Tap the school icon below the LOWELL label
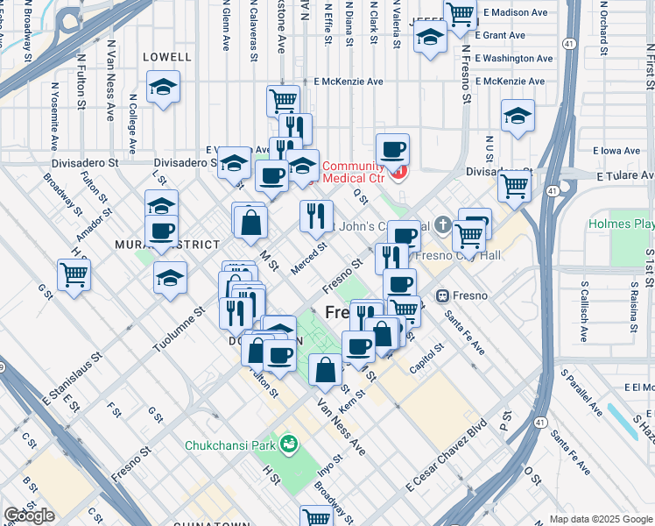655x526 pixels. [163, 88]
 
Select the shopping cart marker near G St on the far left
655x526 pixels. [74, 274]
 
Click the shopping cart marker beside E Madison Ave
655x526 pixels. [460, 14]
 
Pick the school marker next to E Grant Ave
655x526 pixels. [430, 39]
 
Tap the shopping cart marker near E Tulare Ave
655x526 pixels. [514, 185]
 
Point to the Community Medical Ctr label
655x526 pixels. [354, 174]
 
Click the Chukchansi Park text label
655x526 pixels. [230, 445]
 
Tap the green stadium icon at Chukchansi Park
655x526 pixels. [289, 445]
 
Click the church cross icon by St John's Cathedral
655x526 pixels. [443, 224]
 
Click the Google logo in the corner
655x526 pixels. [29, 515]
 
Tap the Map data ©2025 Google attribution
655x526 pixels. [600, 519]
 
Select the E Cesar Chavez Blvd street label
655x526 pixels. [446, 458]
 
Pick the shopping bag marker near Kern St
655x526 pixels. [325, 370]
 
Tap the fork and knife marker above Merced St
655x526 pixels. [316, 216]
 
